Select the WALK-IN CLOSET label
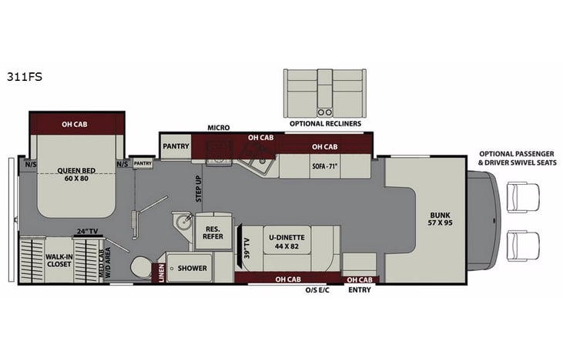(59, 259)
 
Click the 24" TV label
(85, 230)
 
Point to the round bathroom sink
(183, 222)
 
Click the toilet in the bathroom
(141, 267)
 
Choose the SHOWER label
(193, 269)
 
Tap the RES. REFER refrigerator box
(213, 232)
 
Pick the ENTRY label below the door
(359, 290)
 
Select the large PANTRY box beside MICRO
(176, 145)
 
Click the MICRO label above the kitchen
(219, 128)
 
